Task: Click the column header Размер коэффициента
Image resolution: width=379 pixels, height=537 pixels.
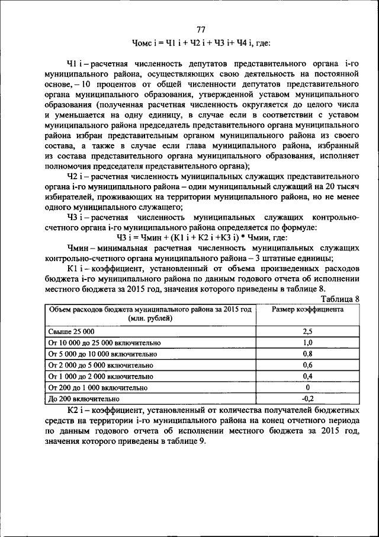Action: pos(307,309)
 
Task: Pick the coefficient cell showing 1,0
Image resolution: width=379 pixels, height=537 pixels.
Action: pos(307,343)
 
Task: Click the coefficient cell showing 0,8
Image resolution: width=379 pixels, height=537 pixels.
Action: pos(307,354)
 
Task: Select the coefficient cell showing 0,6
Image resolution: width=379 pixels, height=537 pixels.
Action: pos(307,365)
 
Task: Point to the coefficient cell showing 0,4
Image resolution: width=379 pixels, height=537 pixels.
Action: pos(307,376)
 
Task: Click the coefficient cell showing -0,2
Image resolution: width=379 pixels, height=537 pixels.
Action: pos(307,398)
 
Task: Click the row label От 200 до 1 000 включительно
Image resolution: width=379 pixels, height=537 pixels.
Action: pos(97,387)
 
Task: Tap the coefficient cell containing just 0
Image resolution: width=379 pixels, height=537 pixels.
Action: pos(307,387)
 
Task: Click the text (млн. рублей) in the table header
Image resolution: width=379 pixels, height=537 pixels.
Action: pos(150,319)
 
